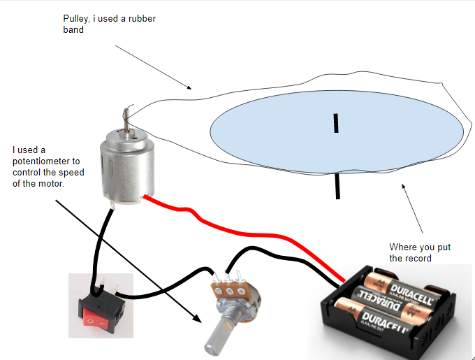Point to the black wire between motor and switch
[x=98, y=238]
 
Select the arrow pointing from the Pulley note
[x=153, y=68]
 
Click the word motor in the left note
[x=50, y=184]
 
